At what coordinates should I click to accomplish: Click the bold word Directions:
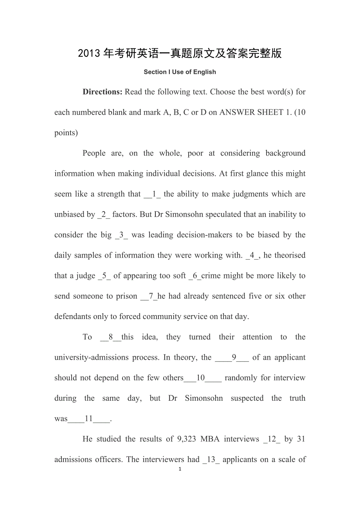[103, 92]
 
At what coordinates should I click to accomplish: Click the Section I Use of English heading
[180, 72]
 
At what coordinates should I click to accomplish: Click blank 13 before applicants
[211, 459]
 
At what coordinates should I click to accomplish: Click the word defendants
[73, 317]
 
